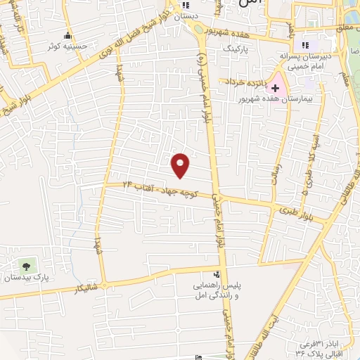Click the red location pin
[181, 165]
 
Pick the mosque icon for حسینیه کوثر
[67, 36]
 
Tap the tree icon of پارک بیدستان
[27, 266]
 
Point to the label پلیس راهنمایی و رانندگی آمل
[217, 292]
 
